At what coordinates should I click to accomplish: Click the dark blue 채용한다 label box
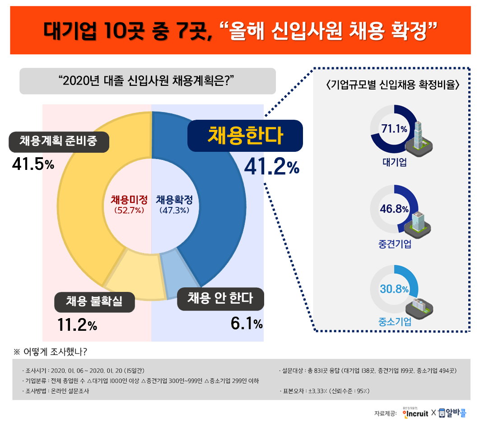245,135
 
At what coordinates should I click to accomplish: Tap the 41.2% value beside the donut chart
271,167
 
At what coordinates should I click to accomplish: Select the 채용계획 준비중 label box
58,141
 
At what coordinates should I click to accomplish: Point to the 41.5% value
33,164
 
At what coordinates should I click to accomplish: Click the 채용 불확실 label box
94,301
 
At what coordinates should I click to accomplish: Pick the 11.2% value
77,324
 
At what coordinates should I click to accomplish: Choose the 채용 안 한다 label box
220,299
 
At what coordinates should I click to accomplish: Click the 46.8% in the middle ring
394,209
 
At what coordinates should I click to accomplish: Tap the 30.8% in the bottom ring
394,289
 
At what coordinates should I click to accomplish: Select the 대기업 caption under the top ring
394,162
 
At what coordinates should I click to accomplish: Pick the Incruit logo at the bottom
414,413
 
